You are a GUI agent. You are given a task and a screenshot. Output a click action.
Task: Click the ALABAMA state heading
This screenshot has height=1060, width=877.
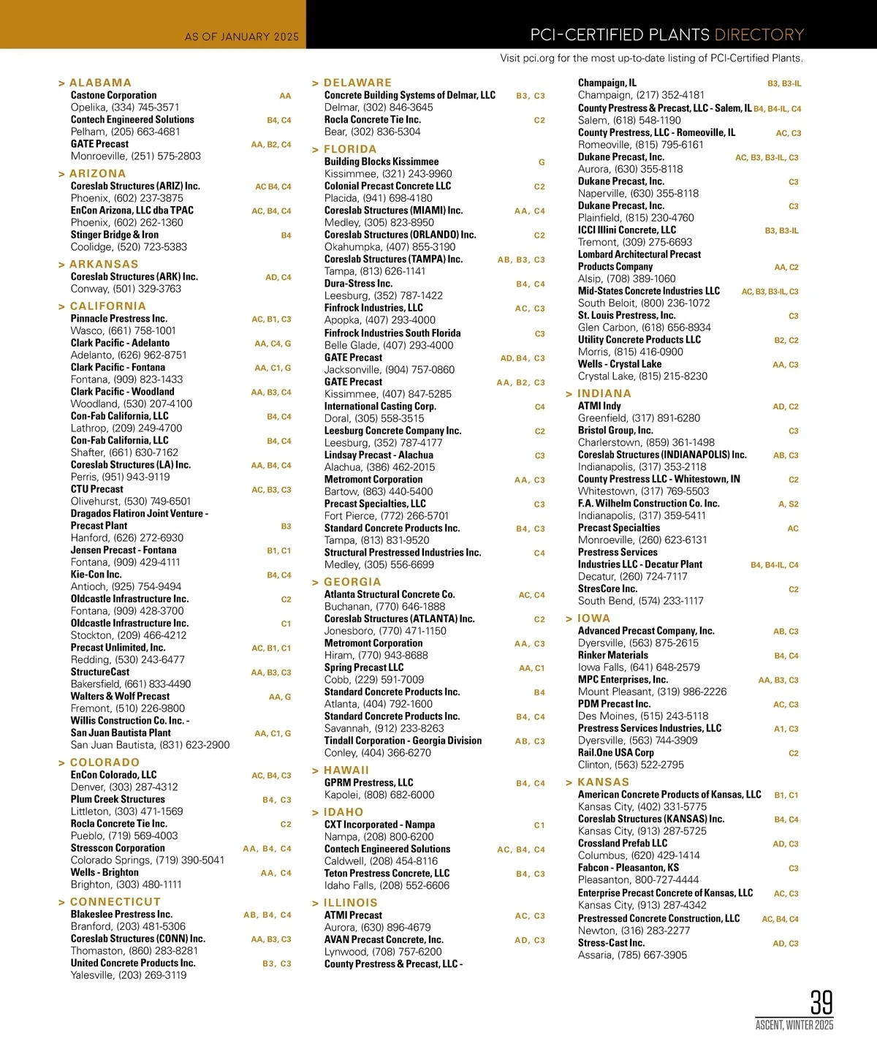(100, 83)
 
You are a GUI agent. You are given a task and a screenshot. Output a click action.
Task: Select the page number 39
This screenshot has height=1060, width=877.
(821, 1002)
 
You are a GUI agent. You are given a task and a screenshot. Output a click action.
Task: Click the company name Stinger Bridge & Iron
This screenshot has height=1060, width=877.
(114, 235)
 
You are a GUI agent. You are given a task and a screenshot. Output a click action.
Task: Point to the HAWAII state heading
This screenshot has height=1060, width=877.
(346, 771)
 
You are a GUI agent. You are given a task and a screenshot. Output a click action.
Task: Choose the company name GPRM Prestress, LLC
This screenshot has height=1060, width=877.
(368, 783)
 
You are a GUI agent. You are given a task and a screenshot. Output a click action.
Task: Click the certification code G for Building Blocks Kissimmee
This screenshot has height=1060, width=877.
(542, 162)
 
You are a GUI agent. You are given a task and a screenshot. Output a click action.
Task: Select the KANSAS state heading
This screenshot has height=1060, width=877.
(603, 782)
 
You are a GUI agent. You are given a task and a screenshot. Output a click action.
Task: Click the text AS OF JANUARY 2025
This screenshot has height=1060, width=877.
(241, 37)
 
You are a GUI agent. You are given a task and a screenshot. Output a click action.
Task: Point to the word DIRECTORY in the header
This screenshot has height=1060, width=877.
(759, 35)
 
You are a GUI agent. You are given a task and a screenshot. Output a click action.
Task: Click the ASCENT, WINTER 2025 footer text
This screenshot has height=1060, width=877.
(794, 1025)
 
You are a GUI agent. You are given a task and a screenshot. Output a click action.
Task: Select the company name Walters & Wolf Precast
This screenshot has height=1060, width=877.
(120, 697)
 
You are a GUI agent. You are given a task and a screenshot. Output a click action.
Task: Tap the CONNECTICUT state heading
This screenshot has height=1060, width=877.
(115, 902)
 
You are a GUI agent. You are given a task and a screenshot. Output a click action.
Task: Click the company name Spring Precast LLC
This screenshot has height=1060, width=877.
(364, 667)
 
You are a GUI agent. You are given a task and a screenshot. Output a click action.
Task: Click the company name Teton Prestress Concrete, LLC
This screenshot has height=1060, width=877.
(387, 874)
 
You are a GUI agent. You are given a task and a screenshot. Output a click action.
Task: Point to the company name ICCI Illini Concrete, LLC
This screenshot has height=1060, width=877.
(626, 230)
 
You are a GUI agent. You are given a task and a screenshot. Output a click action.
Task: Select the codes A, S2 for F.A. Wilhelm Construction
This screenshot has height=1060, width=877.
(788, 504)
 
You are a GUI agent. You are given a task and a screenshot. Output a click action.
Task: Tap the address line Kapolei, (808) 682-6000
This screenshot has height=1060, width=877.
(379, 795)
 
